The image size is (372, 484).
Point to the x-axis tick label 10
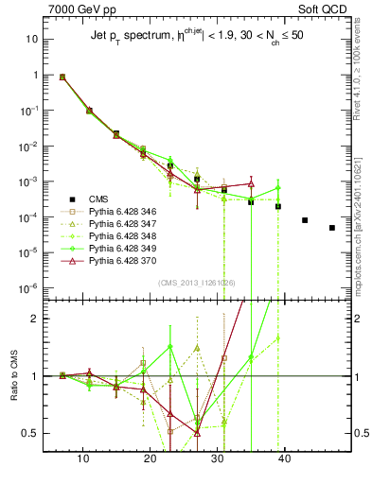[x=82, y=458]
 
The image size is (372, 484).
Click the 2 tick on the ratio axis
[x=42, y=319]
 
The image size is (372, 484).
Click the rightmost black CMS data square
[x=332, y=228]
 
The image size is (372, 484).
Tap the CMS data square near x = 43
[x=305, y=220]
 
